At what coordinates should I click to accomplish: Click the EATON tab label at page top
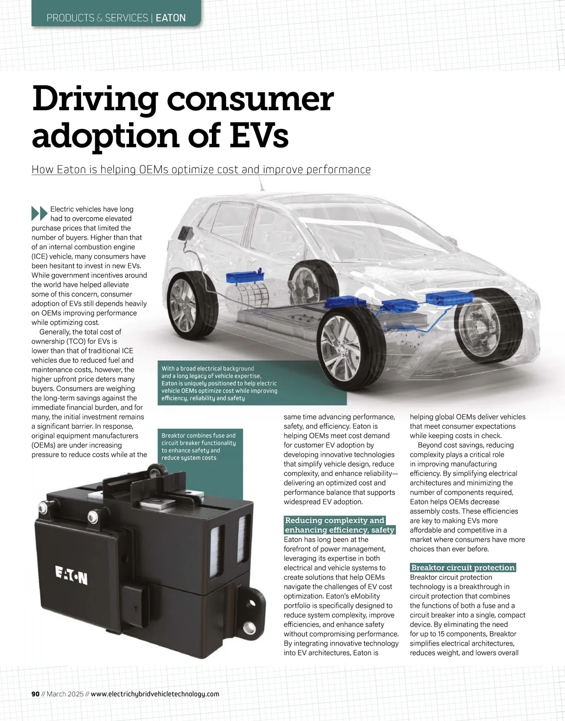pyautogui.click(x=170, y=18)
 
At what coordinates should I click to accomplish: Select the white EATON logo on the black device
pyautogui.click(x=72, y=575)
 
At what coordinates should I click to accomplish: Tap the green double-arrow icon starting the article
pyautogui.click(x=40, y=213)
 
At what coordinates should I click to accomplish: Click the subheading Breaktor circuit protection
pyautogui.click(x=463, y=568)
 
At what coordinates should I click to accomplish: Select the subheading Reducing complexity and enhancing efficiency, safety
pyautogui.click(x=339, y=525)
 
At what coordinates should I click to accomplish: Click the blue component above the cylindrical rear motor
pyautogui.click(x=246, y=277)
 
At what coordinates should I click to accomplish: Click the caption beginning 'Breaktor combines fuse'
pyautogui.click(x=198, y=447)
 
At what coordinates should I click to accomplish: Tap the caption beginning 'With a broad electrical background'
pyautogui.click(x=219, y=383)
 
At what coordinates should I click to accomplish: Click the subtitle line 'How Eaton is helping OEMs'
pyautogui.click(x=201, y=169)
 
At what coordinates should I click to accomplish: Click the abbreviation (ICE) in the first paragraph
pyautogui.click(x=40, y=256)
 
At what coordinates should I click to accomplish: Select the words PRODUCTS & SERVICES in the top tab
pyautogui.click(x=97, y=18)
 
